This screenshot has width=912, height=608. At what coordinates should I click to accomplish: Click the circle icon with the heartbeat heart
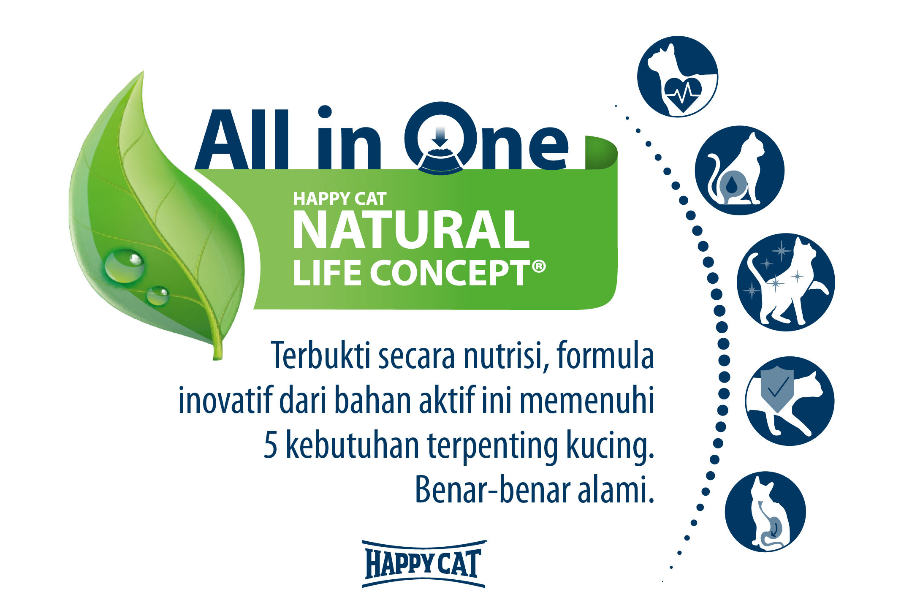pyautogui.click(x=677, y=76)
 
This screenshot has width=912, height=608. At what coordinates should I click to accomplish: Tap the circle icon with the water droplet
pyautogui.click(x=739, y=170)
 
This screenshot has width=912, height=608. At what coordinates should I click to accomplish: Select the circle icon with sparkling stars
pyautogui.click(x=786, y=282)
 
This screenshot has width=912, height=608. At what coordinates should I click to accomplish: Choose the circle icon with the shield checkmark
pyautogui.click(x=790, y=401)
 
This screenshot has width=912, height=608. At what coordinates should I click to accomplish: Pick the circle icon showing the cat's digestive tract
pyautogui.click(x=765, y=511)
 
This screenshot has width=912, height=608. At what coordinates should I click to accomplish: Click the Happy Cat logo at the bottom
pyautogui.click(x=423, y=564)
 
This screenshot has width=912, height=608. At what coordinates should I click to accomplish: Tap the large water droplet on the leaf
pyautogui.click(x=125, y=266)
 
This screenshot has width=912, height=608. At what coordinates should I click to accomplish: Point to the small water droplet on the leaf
pyautogui.click(x=157, y=296)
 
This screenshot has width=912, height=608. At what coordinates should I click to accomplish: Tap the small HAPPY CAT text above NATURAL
pyautogui.click(x=340, y=199)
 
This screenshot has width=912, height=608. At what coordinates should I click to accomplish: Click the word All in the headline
pyautogui.click(x=242, y=139)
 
